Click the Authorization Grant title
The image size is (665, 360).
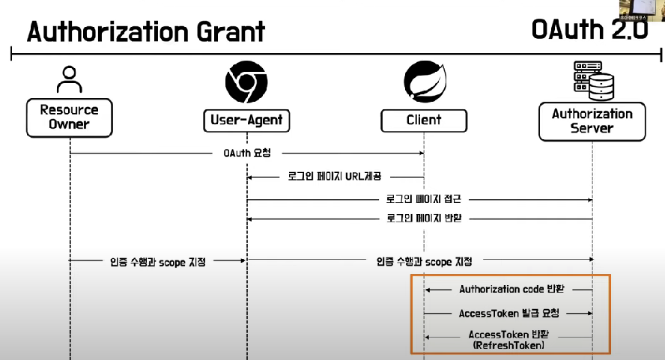(146, 31)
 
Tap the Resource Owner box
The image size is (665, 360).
(70, 117)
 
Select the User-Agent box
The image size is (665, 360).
(246, 120)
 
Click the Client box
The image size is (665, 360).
(423, 120)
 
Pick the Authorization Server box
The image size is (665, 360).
(592, 121)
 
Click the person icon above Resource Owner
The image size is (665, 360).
(69, 79)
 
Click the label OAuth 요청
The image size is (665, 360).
(246, 153)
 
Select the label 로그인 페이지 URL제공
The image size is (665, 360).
(335, 177)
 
